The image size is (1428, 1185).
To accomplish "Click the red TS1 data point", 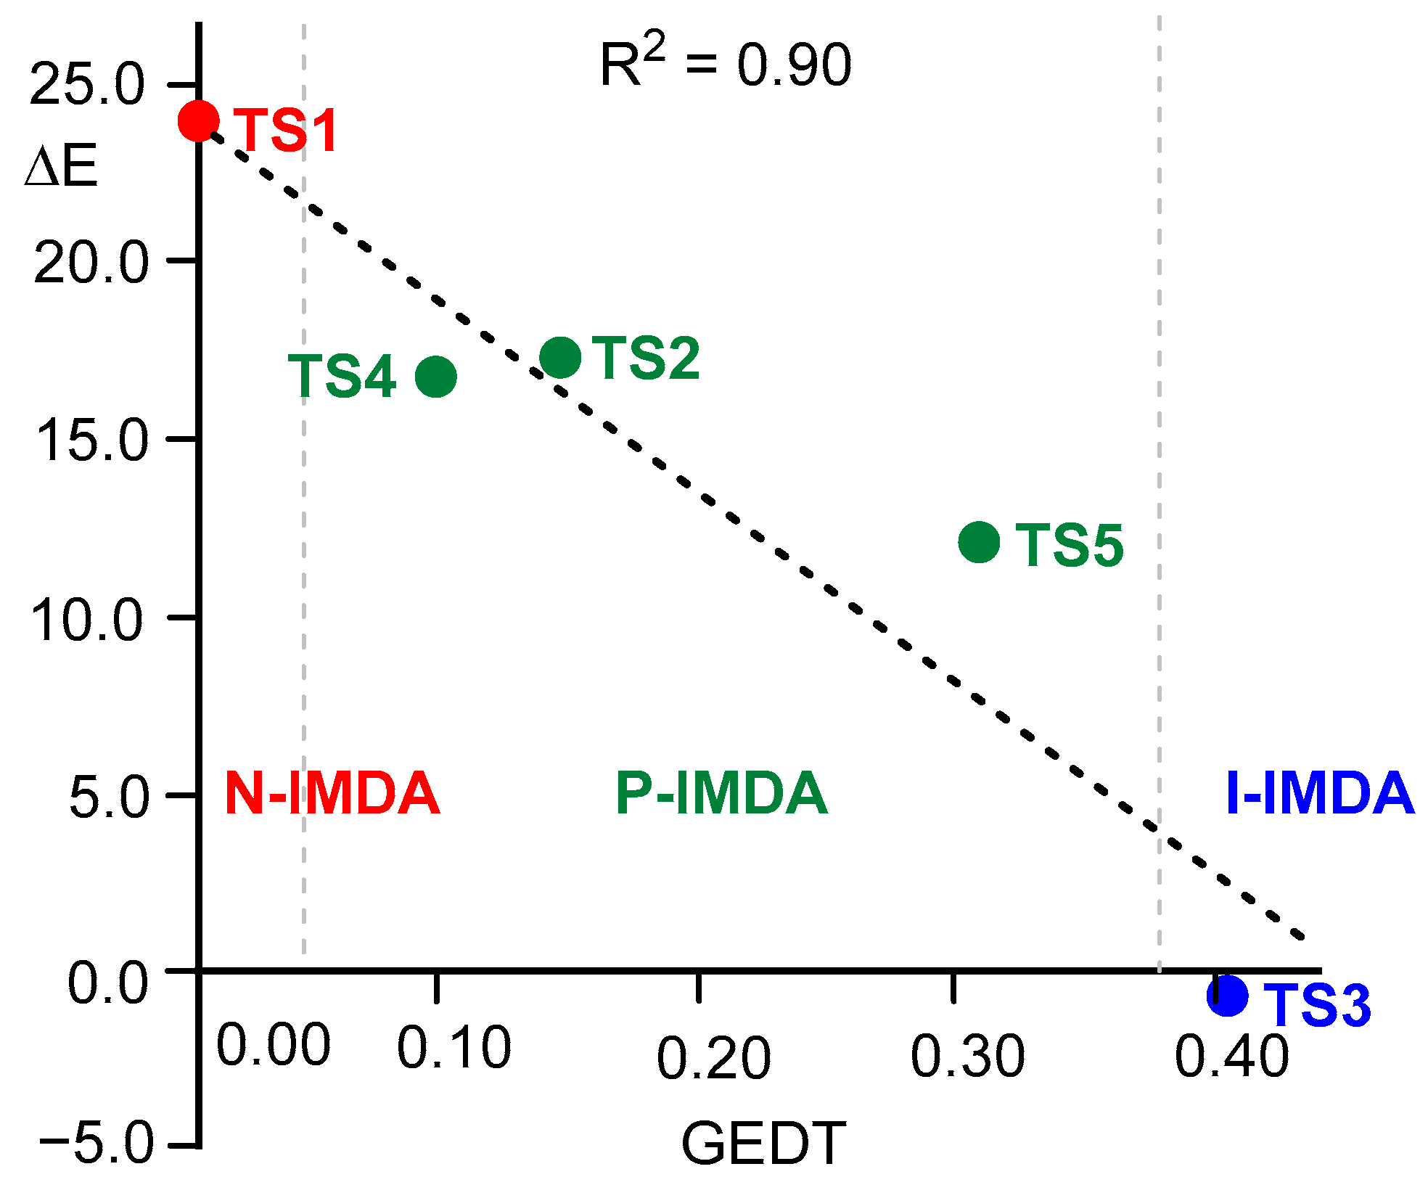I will [x=198, y=120].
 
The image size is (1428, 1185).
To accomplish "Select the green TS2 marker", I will [x=560, y=357].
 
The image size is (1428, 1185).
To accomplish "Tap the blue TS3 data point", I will [x=1227, y=995].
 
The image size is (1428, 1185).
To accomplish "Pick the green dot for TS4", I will [x=435, y=376].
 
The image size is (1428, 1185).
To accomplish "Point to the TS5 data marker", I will [x=979, y=541].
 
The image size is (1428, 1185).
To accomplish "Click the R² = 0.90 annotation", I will [x=726, y=64].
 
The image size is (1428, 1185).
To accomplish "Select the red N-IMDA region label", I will [x=332, y=793].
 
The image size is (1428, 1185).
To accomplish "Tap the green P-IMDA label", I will [x=721, y=793].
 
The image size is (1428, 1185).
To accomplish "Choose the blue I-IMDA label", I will [x=1319, y=793].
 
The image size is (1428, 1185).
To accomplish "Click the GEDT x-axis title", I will [x=763, y=1144].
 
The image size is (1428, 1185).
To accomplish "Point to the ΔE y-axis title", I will [x=61, y=168].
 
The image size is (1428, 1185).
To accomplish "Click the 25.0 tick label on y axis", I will [x=88, y=85].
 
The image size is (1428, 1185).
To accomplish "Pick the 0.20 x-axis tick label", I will [x=713, y=1057].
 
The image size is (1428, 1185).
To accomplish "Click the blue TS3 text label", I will [x=1317, y=1005].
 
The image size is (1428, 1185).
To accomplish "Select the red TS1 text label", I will [x=287, y=131].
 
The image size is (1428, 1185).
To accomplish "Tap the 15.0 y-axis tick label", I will [x=91, y=440].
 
